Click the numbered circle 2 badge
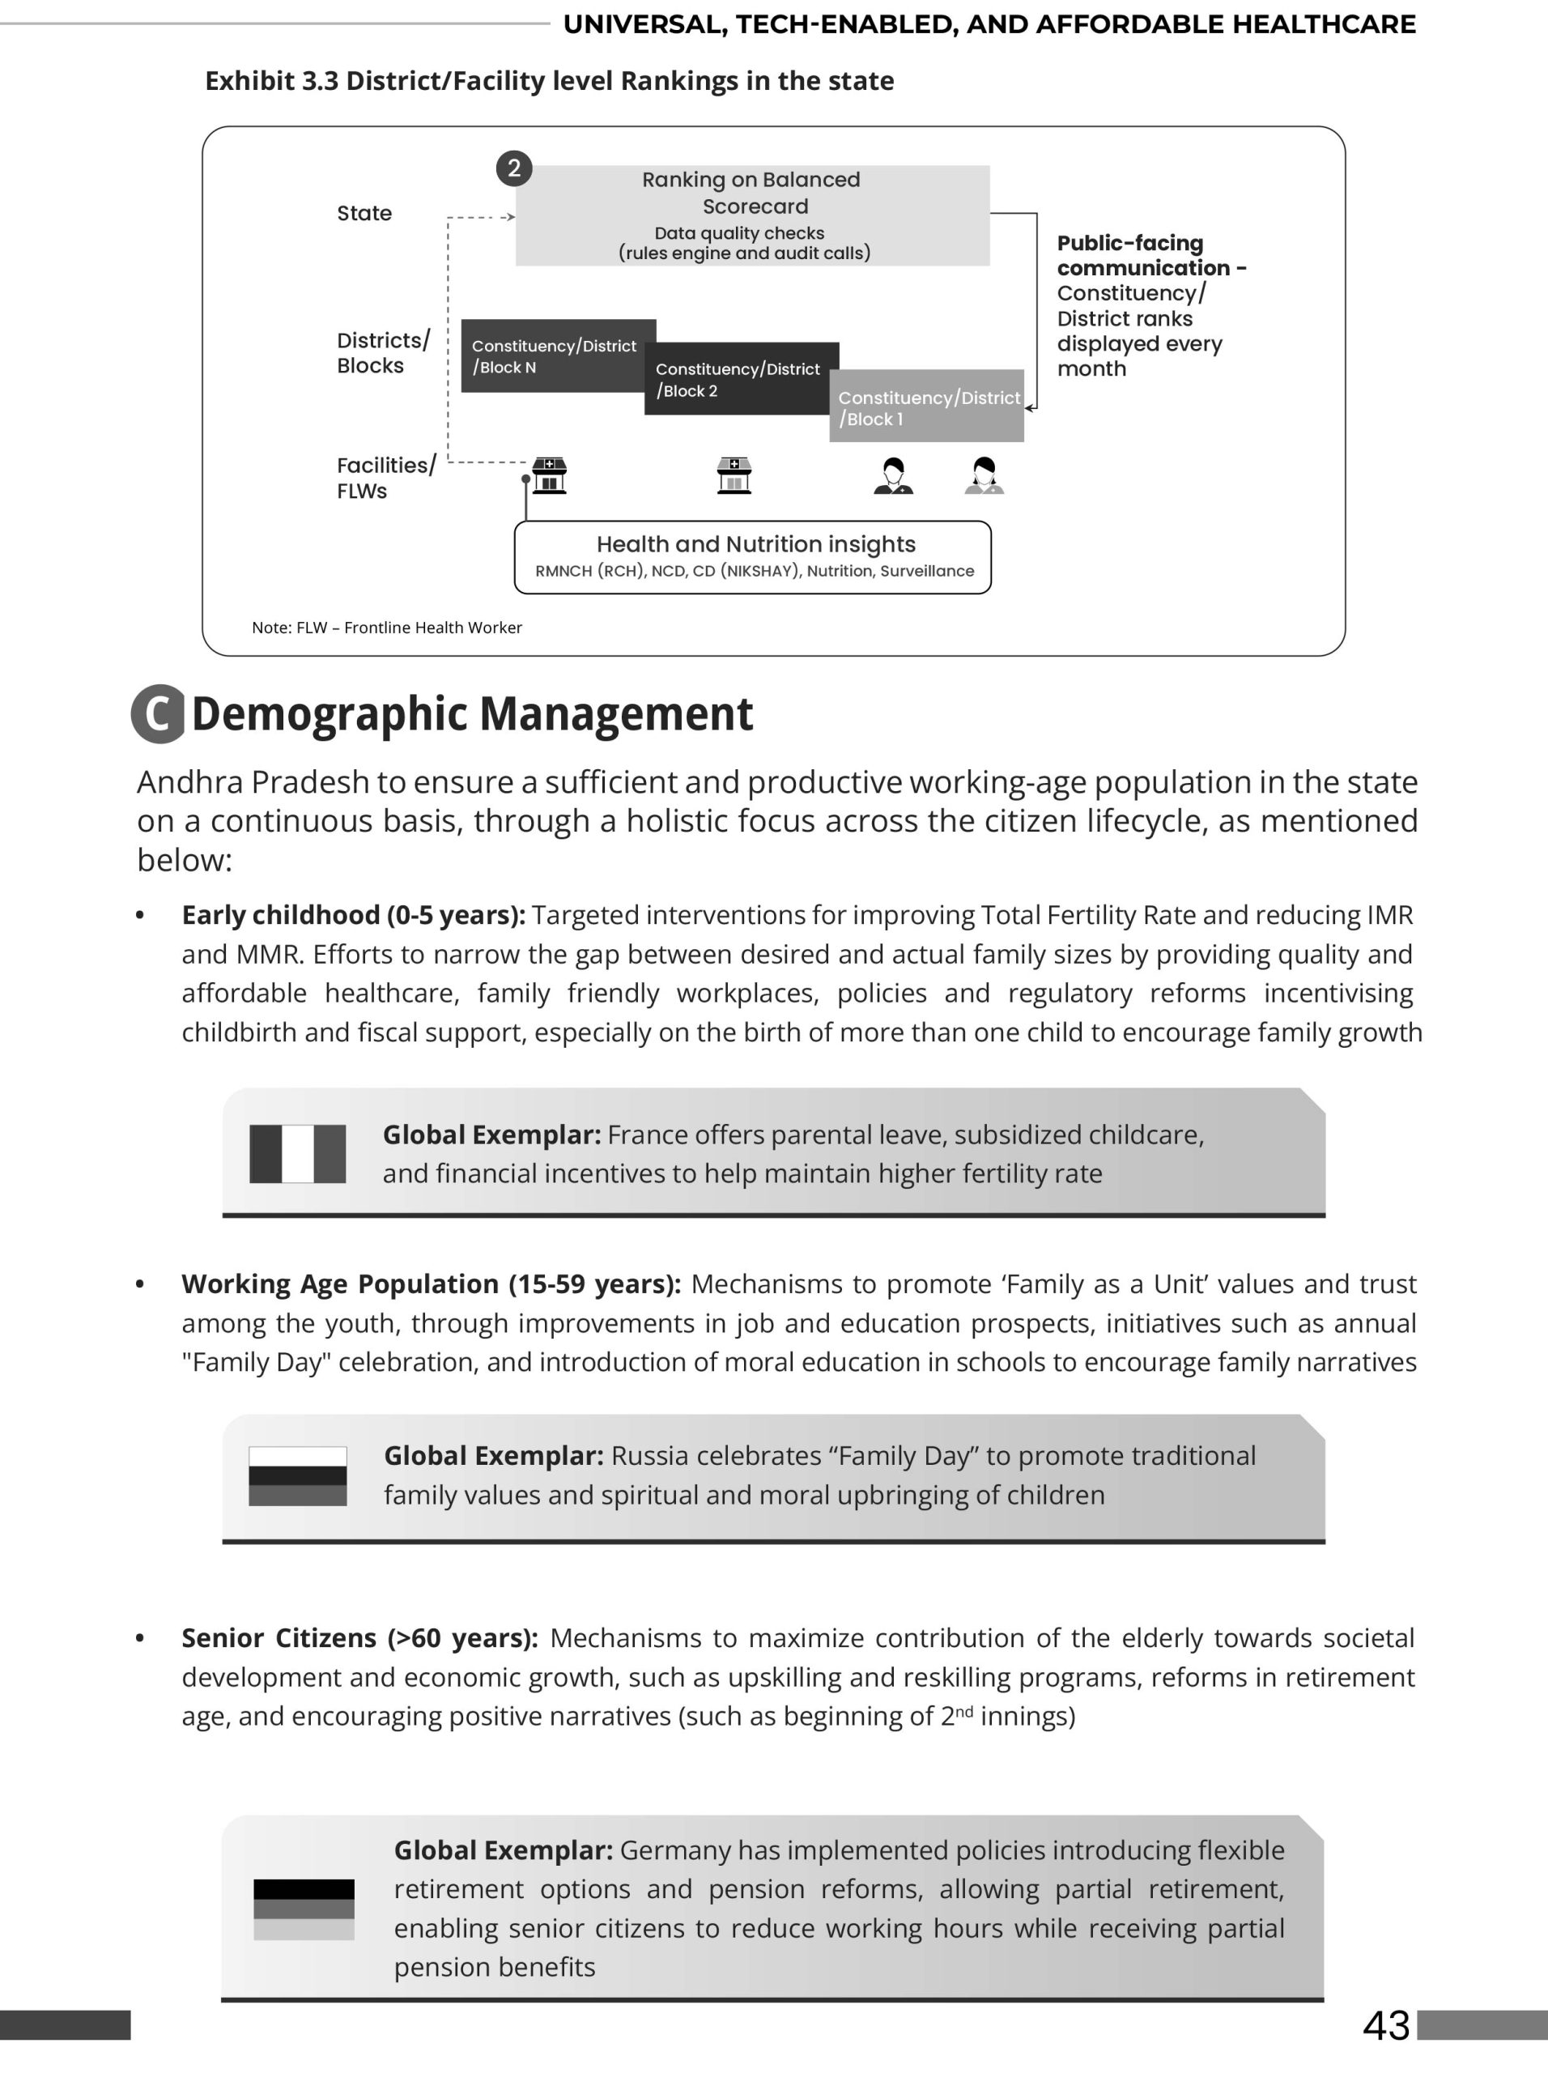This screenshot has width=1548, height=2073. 513,168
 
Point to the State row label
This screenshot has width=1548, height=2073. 364,213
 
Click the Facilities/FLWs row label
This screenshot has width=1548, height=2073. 385,478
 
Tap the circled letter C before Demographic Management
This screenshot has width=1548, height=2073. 159,714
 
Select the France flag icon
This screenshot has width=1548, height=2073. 297,1154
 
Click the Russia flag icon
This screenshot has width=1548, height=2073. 297,1476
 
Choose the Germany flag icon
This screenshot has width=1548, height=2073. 304,1909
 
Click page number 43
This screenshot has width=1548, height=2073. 1386,2025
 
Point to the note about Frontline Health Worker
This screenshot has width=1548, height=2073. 386,628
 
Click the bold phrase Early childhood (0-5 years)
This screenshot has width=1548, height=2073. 352,915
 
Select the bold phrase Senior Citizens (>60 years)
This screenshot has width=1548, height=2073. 359,1637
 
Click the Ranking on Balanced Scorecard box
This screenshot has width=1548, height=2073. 752,215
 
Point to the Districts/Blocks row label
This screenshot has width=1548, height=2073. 382,352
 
